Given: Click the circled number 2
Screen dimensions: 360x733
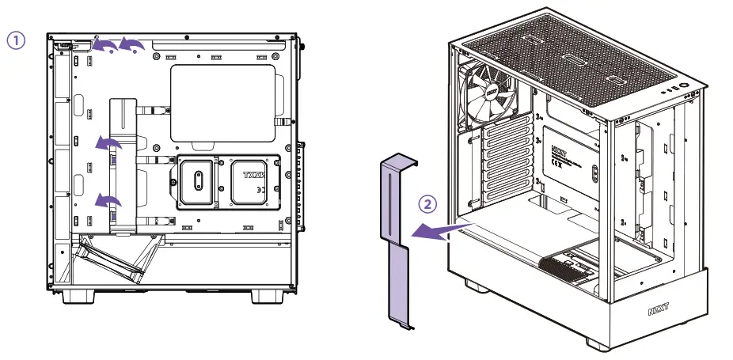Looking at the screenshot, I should [x=427, y=203].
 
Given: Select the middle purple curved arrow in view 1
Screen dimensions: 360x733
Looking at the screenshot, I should [x=108, y=142].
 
